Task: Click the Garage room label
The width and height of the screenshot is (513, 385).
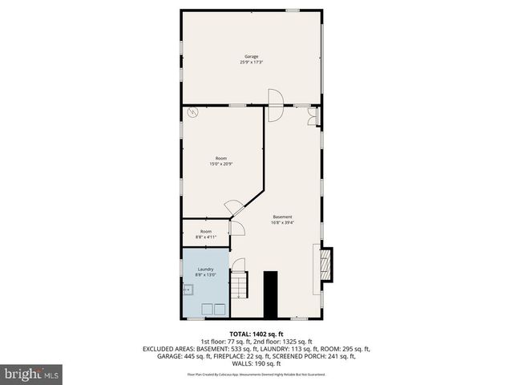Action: (251, 56)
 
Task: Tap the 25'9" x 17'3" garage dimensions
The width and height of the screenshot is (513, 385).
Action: (251, 62)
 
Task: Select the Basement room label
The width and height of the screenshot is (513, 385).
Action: (282, 217)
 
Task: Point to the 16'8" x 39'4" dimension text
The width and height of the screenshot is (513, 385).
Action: (282, 222)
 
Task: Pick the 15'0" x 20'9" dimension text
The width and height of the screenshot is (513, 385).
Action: (221, 164)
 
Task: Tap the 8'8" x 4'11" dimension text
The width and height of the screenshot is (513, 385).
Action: (206, 237)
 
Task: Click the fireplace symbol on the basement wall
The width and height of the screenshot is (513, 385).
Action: (325, 264)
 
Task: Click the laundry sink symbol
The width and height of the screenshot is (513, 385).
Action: (190, 290)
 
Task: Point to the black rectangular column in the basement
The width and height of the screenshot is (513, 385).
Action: (271, 294)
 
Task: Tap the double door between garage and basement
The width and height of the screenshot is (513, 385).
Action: (274, 104)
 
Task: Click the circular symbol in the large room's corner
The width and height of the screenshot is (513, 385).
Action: (192, 114)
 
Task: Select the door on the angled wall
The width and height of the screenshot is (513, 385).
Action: (234, 208)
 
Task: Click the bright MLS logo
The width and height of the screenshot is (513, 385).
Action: (32, 374)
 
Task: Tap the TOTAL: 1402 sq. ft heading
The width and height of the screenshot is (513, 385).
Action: (256, 334)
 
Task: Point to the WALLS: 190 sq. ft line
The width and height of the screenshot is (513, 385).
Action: (256, 363)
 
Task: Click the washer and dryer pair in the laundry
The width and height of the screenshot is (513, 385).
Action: (212, 308)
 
